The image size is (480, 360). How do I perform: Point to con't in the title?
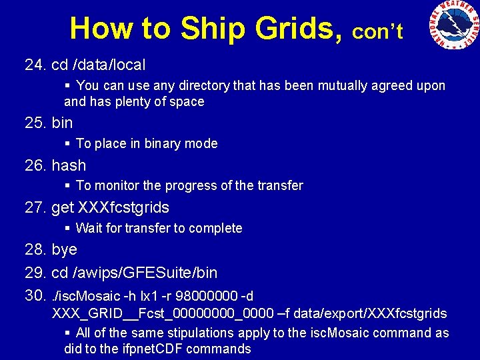[377, 32]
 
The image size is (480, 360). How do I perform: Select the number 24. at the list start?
[35, 65]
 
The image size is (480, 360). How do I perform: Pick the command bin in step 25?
[62, 123]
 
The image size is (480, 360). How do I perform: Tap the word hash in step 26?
[69, 165]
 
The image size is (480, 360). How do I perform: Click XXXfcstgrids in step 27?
[123, 207]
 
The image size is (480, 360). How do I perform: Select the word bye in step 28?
[64, 249]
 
